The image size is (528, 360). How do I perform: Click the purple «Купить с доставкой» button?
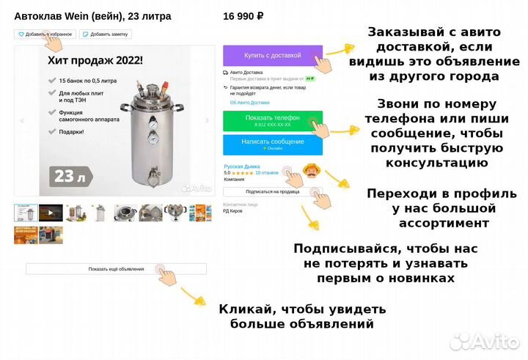click(x=272, y=56)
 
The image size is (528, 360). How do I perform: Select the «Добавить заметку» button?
click(x=106, y=34)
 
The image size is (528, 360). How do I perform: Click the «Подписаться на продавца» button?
click(x=272, y=191)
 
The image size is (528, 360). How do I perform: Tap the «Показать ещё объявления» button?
click(x=116, y=269)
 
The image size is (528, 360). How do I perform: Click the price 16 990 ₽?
click(x=243, y=15)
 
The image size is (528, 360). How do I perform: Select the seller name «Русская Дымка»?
click(x=242, y=166)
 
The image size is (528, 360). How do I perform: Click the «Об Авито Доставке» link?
click(x=249, y=103)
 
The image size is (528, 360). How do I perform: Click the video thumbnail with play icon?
click(x=51, y=213)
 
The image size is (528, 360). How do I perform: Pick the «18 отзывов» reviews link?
click(x=267, y=173)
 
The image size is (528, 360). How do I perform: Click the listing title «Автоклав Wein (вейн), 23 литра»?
click(x=92, y=15)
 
